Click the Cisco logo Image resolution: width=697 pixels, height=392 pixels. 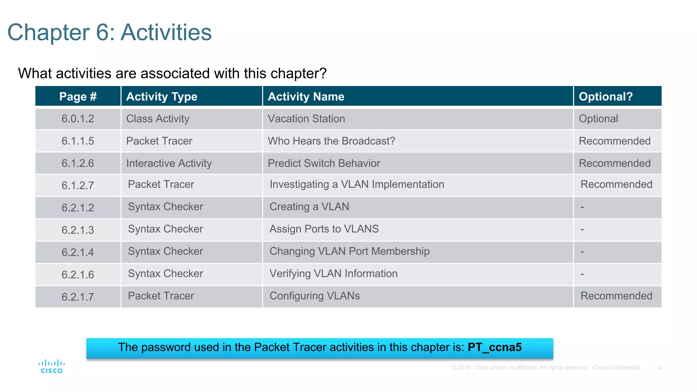click(51, 367)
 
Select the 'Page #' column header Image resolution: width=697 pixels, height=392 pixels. click(78, 97)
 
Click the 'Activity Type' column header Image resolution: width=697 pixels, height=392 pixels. click(162, 97)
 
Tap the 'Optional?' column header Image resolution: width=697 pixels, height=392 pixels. click(605, 97)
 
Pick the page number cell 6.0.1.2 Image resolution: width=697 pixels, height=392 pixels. click(78, 119)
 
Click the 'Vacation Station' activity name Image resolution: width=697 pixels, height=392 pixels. click(306, 119)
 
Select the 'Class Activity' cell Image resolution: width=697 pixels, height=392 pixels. click(158, 119)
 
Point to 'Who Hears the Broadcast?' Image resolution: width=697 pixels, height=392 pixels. click(331, 141)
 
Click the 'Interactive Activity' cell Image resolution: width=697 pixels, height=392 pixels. click(169, 163)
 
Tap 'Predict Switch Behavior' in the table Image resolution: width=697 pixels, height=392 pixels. click(324, 163)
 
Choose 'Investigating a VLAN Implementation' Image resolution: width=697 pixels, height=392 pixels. click(357, 184)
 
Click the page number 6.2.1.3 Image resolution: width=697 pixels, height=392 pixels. click(78, 230)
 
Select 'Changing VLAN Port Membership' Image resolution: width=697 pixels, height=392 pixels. click(349, 251)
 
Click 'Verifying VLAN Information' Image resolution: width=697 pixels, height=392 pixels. click(333, 274)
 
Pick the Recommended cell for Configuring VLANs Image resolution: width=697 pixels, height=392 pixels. click(616, 296)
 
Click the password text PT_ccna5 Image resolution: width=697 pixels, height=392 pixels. click(495, 347)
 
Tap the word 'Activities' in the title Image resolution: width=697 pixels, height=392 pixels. click(166, 33)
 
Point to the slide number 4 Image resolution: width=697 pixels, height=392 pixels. click(659, 367)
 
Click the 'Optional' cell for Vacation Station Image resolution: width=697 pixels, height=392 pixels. click(598, 119)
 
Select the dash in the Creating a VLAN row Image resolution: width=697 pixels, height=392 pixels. click(582, 207)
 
